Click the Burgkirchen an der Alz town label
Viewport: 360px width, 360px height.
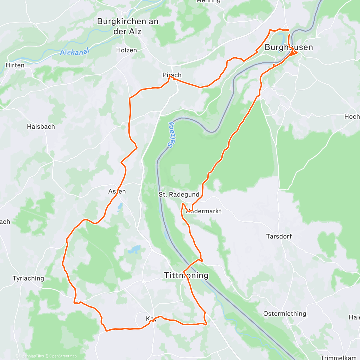tap(127, 26)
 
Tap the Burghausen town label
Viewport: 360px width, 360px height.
tap(289, 47)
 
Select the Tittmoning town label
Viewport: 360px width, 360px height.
tap(186, 275)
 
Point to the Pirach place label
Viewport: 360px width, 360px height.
tap(172, 75)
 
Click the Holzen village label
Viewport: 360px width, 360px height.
tap(126, 50)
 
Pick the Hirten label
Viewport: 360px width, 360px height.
tap(15, 65)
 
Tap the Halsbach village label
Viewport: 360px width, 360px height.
tap(41, 127)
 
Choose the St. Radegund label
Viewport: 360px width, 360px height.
tap(179, 195)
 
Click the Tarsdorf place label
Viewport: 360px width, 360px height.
tap(279, 236)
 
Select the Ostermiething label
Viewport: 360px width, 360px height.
tap(285, 313)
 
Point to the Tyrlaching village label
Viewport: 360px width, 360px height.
tap(28, 278)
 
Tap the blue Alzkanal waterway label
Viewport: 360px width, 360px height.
tap(75, 52)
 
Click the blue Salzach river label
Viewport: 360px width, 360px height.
tap(171, 135)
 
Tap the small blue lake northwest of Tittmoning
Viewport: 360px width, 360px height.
tap(134, 249)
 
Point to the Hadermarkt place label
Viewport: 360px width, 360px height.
tap(204, 211)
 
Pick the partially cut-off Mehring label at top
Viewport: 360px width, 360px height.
tap(208, 1)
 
